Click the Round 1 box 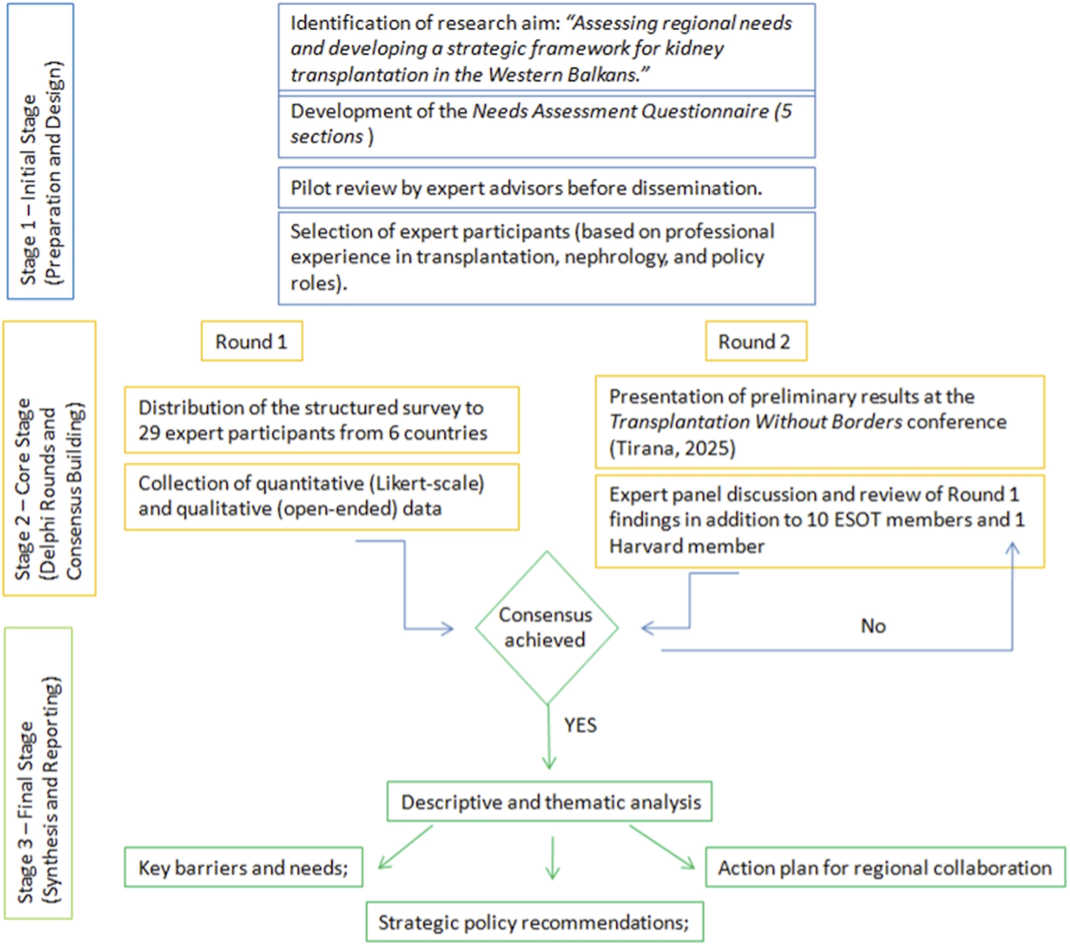(252, 341)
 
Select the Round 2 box (755, 341)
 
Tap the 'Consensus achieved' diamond (546, 627)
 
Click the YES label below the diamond (580, 724)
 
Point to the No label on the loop (873, 626)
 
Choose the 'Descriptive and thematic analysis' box (549, 802)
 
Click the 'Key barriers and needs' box (243, 868)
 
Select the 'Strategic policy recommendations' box (534, 922)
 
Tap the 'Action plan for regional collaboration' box (885, 868)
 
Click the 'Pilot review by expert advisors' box (546, 189)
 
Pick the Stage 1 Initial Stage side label (40, 151)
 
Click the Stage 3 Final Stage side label (38, 773)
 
